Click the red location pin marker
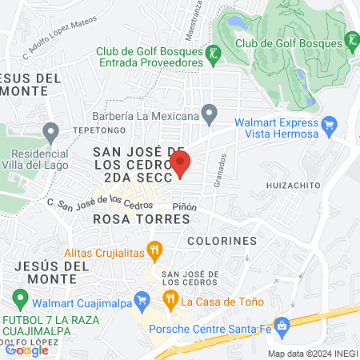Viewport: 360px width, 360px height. pos(182,165)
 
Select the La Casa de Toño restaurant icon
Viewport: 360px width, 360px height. pos(170,301)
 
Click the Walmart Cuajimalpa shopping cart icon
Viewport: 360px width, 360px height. pos(142,302)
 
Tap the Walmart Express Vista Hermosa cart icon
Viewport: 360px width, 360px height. pos(328,124)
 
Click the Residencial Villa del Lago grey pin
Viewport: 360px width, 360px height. pos(51,130)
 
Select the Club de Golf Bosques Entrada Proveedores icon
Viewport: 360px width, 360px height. pos(213,54)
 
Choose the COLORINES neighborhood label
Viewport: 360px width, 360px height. pos(222,240)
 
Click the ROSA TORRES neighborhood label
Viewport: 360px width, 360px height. pos(128,218)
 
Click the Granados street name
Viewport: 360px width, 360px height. pos(222,170)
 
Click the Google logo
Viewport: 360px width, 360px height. pos(26,350)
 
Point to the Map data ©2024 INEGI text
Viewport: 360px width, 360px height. pos(312,354)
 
